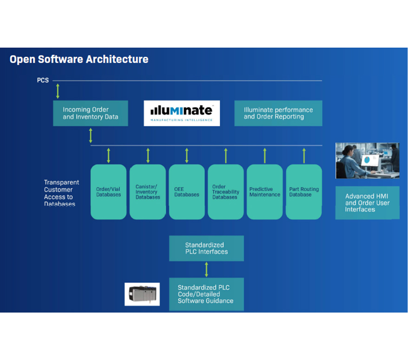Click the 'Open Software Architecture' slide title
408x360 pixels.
click(x=79, y=60)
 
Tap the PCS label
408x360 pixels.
click(x=43, y=80)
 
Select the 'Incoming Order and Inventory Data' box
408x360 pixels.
click(x=91, y=113)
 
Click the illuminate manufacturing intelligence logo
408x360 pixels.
click(x=182, y=113)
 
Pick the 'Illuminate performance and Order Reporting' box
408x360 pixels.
click(x=278, y=113)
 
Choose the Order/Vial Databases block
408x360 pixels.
click(x=108, y=192)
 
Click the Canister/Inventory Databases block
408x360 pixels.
click(x=147, y=192)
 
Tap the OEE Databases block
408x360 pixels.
click(x=187, y=192)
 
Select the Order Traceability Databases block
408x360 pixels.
click(x=226, y=192)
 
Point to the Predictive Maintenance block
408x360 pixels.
click(x=264, y=192)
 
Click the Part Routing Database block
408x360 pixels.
click(x=304, y=192)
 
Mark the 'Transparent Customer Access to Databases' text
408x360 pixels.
click(x=61, y=193)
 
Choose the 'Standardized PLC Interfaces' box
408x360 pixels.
click(x=207, y=248)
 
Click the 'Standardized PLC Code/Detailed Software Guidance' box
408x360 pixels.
click(x=207, y=294)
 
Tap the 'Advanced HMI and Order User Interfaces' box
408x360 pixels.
click(x=368, y=203)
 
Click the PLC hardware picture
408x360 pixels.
click(x=142, y=294)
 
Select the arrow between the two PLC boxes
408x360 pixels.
click(x=207, y=269)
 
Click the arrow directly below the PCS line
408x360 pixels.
click(x=58, y=91)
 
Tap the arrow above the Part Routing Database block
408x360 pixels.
click(x=304, y=156)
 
